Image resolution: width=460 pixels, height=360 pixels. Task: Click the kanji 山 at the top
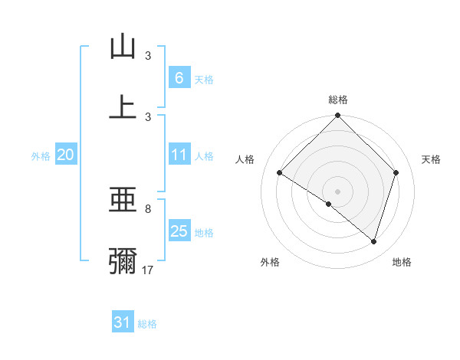123,47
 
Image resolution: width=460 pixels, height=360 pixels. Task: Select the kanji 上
123,106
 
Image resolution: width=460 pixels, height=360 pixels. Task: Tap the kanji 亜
123,201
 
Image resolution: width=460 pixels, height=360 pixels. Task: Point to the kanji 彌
123,260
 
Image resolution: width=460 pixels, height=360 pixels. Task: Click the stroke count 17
148,270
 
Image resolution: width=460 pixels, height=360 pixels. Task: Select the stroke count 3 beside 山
148,56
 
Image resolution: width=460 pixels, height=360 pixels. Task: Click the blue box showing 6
179,77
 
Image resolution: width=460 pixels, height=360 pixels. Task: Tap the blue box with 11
179,155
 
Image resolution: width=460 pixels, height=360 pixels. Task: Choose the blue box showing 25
179,231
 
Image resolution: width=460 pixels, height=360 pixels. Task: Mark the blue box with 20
65,155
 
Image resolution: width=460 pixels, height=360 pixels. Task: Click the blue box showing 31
123,322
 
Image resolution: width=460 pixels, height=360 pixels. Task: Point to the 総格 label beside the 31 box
147,324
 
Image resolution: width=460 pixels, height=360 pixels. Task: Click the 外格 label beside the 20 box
41,156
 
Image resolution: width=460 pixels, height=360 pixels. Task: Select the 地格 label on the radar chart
402,262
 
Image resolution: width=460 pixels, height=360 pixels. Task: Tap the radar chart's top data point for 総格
337,117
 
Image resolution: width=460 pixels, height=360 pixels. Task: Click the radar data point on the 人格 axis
280,173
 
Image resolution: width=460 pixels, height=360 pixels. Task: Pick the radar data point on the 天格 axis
396,173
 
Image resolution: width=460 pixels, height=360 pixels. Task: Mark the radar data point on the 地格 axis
373,241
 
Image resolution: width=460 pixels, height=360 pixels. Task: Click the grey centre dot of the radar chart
337,191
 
